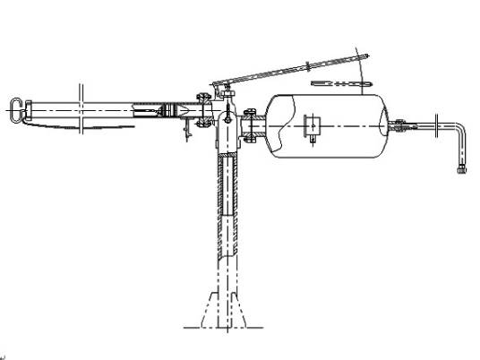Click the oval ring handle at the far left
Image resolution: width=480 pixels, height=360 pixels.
pos(15,109)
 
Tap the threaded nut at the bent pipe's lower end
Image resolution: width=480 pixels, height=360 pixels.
pos(463,167)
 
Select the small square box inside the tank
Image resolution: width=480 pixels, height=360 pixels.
pos(314,126)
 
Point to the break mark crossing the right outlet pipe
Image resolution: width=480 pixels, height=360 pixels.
pos(436,127)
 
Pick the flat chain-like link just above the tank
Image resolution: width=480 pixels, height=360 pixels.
pos(339,83)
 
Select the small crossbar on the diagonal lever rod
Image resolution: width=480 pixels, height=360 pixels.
pos(309,67)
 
